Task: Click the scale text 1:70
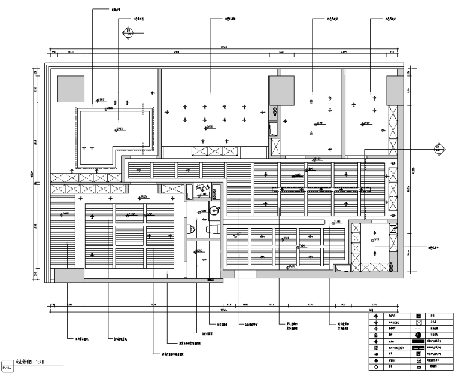(x=40, y=362)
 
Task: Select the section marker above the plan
(x=128, y=32)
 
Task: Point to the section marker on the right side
(x=438, y=148)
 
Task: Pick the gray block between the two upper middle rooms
(x=278, y=90)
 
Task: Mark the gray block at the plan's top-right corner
(x=396, y=89)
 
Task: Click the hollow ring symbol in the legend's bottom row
(x=375, y=369)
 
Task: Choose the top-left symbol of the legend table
(x=375, y=315)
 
